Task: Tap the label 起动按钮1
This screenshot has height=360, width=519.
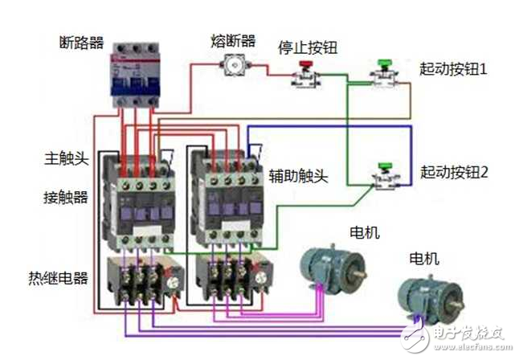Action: pyautogui.click(x=453, y=70)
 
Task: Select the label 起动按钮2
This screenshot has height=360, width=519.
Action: pyautogui.click(x=453, y=171)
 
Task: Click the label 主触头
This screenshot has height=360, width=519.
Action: pyautogui.click(x=66, y=158)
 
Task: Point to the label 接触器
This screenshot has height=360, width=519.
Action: pyautogui.click(x=66, y=196)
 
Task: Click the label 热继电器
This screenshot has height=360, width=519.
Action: pyautogui.click(x=58, y=278)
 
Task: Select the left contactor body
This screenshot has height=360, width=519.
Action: pyautogui.click(x=142, y=201)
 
